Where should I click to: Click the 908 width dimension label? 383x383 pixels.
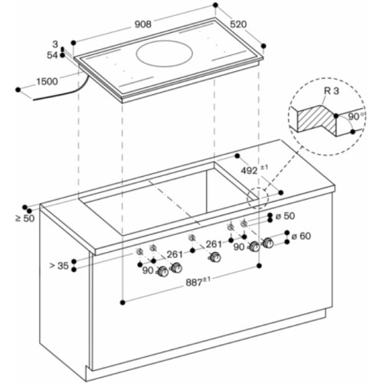pos(143,25)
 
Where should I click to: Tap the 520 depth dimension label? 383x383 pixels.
pos(238,25)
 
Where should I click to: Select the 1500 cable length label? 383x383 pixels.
pos(47,82)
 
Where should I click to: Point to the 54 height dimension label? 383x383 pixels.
pos(52,55)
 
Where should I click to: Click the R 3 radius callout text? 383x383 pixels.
pos(332,91)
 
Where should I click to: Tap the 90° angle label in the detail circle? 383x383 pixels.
pos(356,116)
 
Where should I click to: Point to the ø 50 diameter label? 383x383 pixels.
pos(286,216)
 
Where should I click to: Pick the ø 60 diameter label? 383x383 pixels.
pos(301,236)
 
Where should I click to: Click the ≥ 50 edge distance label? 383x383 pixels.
pos(25,218)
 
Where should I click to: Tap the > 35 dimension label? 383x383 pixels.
pos(59,266)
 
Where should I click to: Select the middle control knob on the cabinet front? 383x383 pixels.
pos(215,257)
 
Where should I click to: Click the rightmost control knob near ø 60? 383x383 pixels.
pos(268,243)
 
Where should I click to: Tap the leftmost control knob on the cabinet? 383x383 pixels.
pos(162,271)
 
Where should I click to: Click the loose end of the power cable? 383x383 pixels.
pos(34,100)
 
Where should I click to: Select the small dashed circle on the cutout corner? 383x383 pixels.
pos(258,198)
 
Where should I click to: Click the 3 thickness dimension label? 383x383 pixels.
pos(55,44)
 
